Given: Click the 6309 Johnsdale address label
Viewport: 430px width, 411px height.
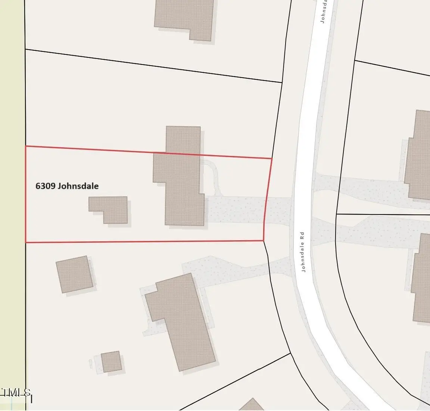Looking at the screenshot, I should pyautogui.click(x=67, y=186).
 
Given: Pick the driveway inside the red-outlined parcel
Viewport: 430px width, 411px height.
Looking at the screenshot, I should pyautogui.click(x=235, y=210).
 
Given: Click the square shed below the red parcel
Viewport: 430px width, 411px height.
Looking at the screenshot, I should pyautogui.click(x=74, y=274).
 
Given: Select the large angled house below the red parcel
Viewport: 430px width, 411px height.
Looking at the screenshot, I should pyautogui.click(x=179, y=321).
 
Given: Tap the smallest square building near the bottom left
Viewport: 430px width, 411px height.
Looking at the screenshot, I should pyautogui.click(x=111, y=361).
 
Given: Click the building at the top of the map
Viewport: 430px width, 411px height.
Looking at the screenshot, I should pyautogui.click(x=185, y=17).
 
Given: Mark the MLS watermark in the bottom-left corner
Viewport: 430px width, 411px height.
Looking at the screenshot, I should pyautogui.click(x=16, y=392).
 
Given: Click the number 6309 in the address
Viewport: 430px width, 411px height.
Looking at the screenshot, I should pyautogui.click(x=45, y=186).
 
